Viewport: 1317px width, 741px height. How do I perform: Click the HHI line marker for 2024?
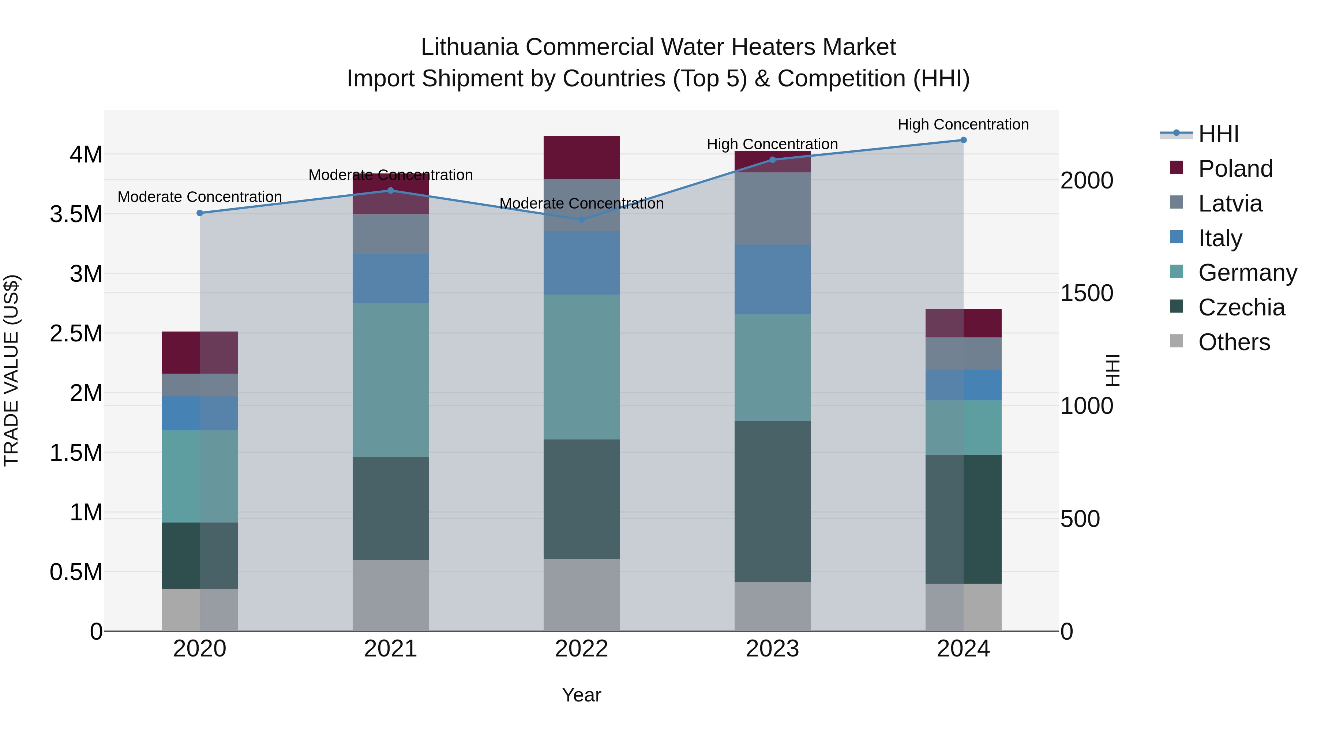click(963, 140)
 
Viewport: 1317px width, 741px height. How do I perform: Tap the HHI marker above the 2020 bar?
click(200, 213)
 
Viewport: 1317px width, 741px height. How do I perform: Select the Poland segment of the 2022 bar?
click(581, 157)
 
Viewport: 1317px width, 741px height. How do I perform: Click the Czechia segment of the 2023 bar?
click(773, 501)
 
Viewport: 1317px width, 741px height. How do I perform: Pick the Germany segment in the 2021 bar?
click(391, 379)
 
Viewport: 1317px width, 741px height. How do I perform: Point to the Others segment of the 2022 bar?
click(581, 595)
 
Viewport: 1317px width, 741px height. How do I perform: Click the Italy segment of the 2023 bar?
click(773, 279)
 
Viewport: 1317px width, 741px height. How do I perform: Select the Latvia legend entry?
click(1230, 203)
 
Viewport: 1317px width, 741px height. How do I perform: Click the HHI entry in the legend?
click(1218, 134)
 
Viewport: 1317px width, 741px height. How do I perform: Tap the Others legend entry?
click(1234, 342)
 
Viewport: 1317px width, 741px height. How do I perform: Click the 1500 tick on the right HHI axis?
click(1087, 293)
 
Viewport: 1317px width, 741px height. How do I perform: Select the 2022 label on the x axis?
click(581, 649)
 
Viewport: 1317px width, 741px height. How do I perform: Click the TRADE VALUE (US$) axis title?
click(11, 370)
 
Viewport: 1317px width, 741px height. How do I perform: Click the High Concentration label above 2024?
click(963, 124)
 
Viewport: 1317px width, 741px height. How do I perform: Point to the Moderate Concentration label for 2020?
click(200, 197)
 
